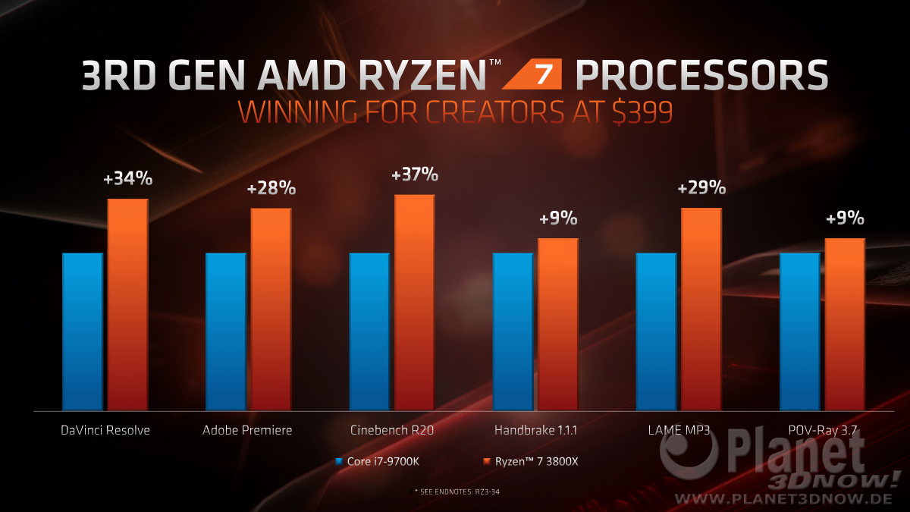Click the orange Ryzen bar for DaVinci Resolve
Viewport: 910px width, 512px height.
(x=127, y=303)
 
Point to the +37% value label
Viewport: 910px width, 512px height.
(x=414, y=175)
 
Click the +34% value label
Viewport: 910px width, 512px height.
(x=127, y=180)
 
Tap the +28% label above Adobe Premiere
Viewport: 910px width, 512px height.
(x=271, y=189)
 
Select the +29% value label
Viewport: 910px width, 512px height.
(x=701, y=188)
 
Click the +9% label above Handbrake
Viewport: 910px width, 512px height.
(x=558, y=219)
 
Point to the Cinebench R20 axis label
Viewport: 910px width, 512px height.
(x=392, y=430)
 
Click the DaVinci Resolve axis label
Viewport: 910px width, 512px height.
(x=105, y=430)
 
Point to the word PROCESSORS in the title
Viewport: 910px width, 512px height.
(x=701, y=76)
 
